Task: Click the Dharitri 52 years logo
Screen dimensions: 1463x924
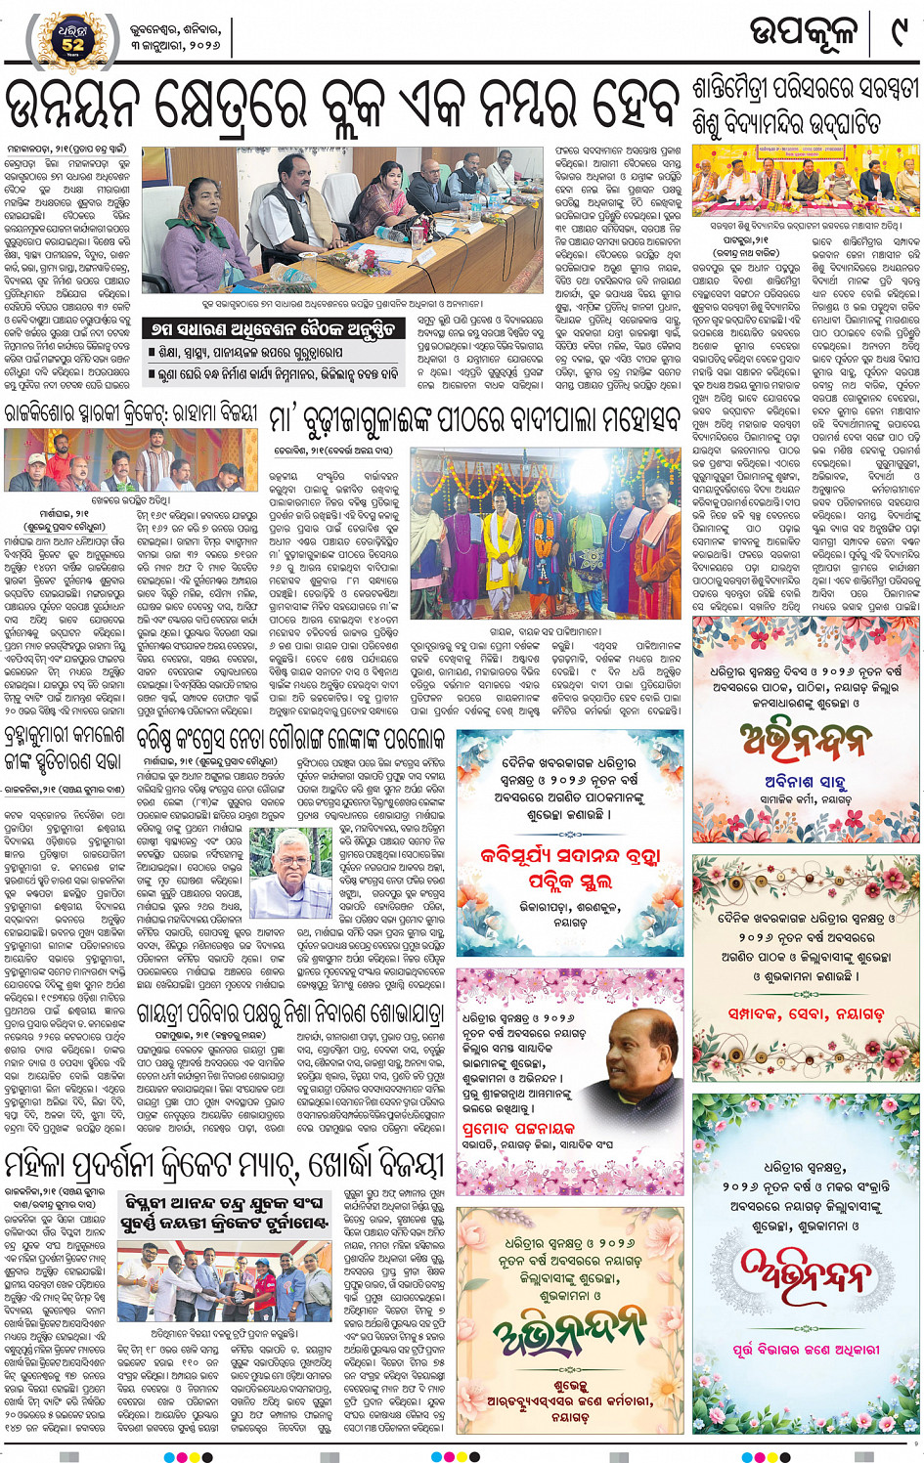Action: pyautogui.click(x=72, y=37)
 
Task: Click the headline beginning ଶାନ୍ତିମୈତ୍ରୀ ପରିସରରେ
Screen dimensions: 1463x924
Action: pyautogui.click(x=805, y=106)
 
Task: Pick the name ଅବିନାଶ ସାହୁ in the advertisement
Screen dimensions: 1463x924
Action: pyautogui.click(x=805, y=780)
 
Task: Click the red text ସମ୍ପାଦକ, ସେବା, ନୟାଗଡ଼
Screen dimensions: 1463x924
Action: pyautogui.click(x=805, y=1013)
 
